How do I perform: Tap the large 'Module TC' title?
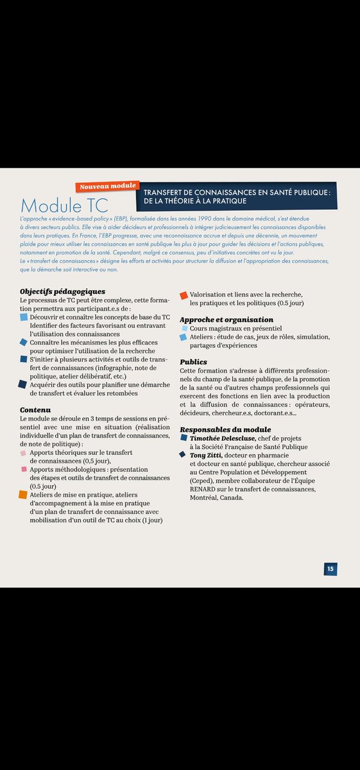click(x=64, y=205)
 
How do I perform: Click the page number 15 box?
click(x=330, y=569)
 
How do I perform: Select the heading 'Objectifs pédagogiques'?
click(x=62, y=292)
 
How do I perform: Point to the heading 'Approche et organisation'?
click(x=227, y=320)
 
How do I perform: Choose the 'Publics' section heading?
click(x=193, y=362)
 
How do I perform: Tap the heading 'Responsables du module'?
click(x=225, y=429)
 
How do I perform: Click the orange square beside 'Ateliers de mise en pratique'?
click(x=23, y=495)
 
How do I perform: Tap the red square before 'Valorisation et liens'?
click(x=184, y=295)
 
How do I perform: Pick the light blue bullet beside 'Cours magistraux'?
click(x=185, y=329)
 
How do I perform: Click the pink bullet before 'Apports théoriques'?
click(x=24, y=453)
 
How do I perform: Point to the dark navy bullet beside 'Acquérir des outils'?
click(x=23, y=384)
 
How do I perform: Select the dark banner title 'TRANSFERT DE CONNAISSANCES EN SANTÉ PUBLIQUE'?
click(x=237, y=192)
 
